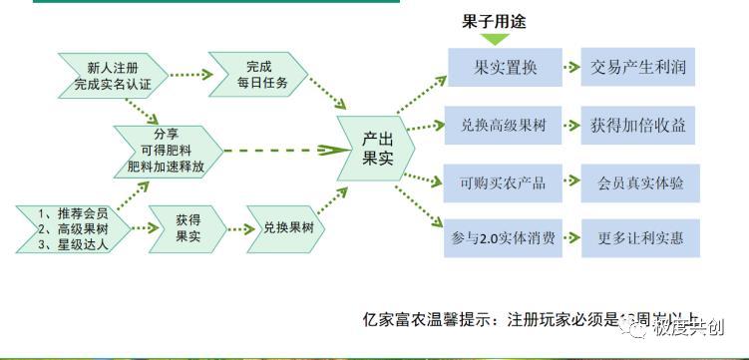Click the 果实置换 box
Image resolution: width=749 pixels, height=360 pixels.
click(505, 69)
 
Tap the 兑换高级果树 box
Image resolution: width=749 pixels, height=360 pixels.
click(505, 127)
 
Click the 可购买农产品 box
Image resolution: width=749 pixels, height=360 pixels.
click(505, 182)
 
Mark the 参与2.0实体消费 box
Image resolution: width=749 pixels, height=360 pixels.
click(505, 238)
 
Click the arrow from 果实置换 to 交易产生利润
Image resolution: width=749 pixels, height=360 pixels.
click(570, 69)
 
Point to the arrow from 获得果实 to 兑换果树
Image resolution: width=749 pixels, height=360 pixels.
click(234, 228)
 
